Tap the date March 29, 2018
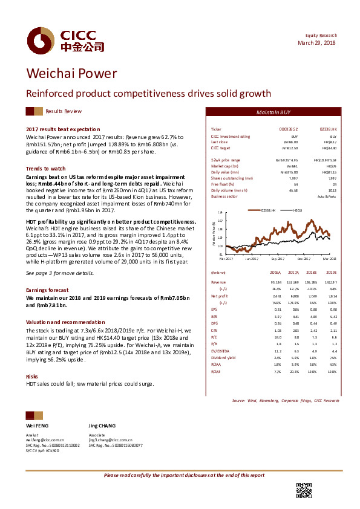pos(317,44)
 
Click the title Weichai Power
pos(71,74)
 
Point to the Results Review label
pos(64,112)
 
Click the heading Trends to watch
pos(45,168)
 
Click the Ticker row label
pos(216,130)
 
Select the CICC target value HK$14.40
pos(329,148)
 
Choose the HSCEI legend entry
pos(298,210)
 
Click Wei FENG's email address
pos(45,440)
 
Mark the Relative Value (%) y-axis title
pos(214,233)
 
